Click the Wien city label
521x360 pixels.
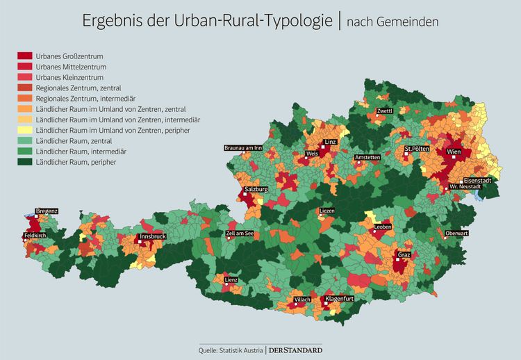click(454, 151)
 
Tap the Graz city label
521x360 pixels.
click(404, 254)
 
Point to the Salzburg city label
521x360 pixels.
click(256, 189)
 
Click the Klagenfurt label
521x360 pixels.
click(340, 299)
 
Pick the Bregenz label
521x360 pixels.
click(47, 211)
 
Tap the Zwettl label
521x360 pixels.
click(384, 111)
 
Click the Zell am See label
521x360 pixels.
click(240, 234)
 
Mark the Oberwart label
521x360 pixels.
click(456, 234)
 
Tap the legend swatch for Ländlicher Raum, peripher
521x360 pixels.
click(24, 162)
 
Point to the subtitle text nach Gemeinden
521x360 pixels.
click(392, 22)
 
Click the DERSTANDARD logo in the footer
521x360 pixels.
click(295, 350)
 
